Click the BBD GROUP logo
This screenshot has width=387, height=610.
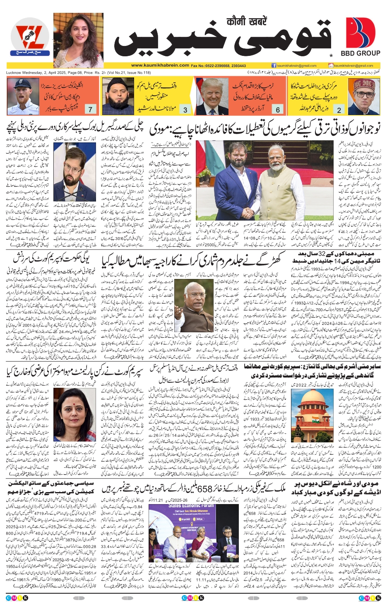(x=361, y=37)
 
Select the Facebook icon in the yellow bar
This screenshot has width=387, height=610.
(x=274, y=65)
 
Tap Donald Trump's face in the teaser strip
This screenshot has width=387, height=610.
(x=212, y=93)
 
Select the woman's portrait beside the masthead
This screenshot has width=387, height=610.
(x=78, y=40)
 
